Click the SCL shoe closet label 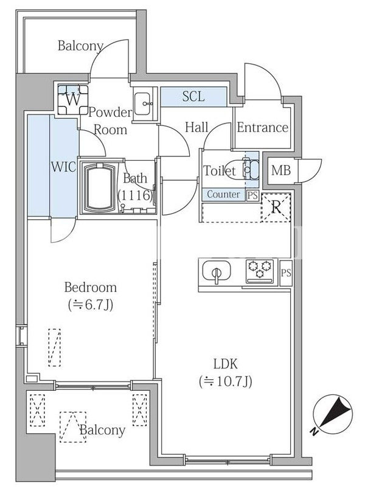193,96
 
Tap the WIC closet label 64,167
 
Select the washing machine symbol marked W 73,100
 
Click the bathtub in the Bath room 100,187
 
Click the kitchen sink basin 217,271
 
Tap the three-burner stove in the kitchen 260,271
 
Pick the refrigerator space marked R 276,208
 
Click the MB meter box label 281,170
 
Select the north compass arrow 333,413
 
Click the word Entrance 263,127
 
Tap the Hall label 196,127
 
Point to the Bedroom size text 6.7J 90,306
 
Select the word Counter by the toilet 223,194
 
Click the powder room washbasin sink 143,103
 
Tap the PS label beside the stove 286,273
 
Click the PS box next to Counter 252,195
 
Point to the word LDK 225,363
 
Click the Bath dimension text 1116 136,195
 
